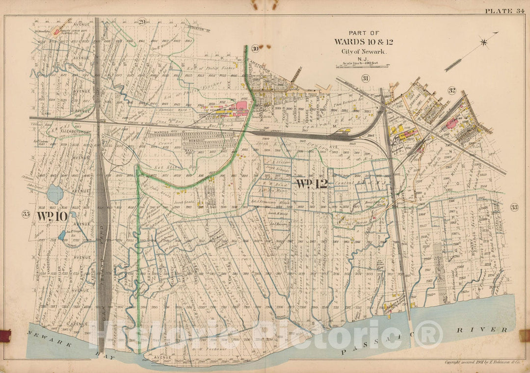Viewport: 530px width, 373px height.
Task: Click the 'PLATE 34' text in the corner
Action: [505, 11]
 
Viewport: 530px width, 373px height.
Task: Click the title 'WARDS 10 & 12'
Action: [364, 42]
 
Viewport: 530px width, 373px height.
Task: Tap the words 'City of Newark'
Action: [364, 52]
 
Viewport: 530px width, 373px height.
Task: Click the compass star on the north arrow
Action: [484, 42]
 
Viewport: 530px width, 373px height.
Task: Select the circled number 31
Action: [365, 79]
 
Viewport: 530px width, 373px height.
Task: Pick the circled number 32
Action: [452, 90]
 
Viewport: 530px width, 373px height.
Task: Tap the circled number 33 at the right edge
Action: [514, 208]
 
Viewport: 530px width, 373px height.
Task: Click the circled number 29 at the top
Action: [142, 21]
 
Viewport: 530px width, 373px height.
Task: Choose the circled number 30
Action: [255, 48]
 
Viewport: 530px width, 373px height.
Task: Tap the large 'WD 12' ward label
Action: [311, 184]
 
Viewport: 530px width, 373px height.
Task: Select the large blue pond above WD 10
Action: [55, 194]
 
